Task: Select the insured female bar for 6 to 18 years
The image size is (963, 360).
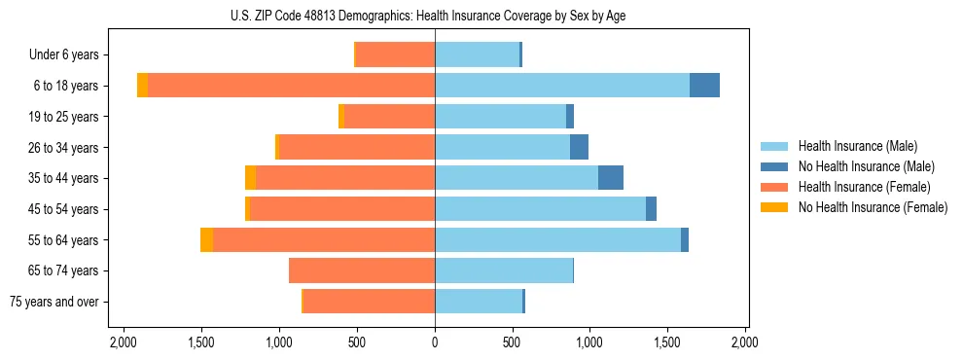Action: [x=291, y=86]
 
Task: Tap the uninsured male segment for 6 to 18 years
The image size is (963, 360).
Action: [x=704, y=86]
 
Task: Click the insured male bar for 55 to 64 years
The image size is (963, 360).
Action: [x=557, y=240]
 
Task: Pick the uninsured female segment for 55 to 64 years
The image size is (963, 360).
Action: [x=207, y=240]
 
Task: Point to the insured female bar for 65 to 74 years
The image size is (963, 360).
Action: [x=362, y=270]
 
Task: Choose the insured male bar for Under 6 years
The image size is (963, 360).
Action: [x=477, y=54]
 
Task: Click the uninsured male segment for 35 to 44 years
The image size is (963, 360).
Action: [x=611, y=178]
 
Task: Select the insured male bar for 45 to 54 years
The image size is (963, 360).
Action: [x=540, y=209]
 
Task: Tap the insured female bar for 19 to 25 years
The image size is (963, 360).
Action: [x=389, y=117]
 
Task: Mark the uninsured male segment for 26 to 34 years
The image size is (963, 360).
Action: [x=579, y=147]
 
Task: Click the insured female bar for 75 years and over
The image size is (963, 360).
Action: [x=369, y=302]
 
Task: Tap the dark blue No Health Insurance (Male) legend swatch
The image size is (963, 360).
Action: [x=774, y=166]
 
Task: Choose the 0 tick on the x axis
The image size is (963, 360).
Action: [x=435, y=342]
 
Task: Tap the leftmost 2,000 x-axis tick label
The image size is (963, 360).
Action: [x=124, y=342]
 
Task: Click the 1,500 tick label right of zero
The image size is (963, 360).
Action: [x=668, y=342]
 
